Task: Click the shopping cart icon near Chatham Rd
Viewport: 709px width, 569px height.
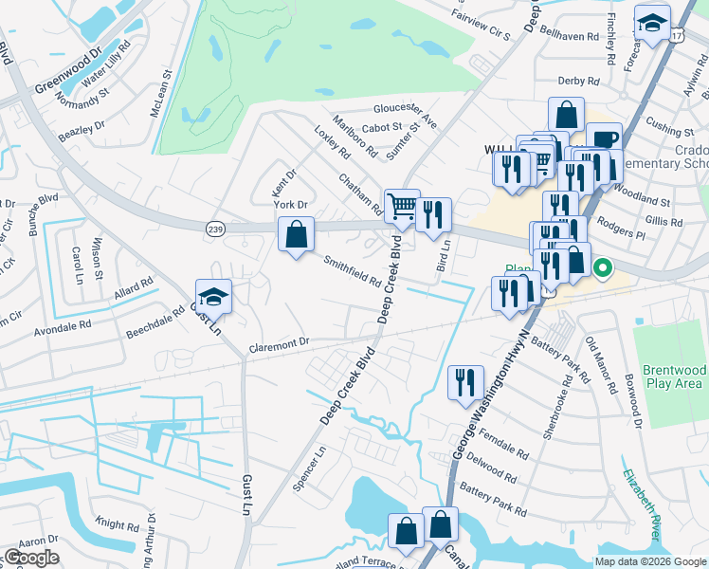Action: [x=402, y=205]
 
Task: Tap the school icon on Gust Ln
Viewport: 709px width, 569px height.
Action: [x=213, y=296]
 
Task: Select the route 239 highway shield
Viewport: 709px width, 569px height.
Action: [x=214, y=228]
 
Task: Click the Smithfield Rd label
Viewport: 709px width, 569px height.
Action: [x=353, y=272]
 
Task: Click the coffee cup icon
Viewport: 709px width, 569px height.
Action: [x=604, y=138]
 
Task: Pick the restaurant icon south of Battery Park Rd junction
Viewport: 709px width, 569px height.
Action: [x=464, y=382]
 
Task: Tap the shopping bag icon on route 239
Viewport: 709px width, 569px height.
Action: [x=296, y=233]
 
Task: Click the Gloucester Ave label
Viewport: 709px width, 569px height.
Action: [x=405, y=112]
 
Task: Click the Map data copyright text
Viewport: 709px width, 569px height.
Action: [x=651, y=561]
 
